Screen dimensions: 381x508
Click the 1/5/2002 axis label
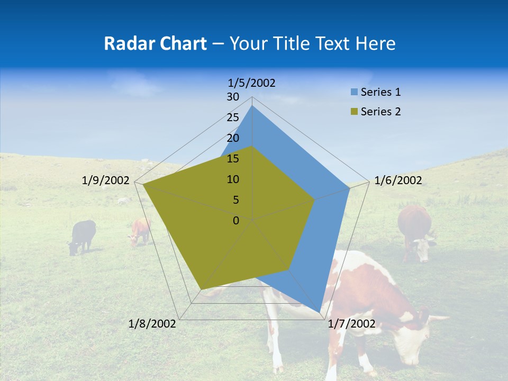coord(252,83)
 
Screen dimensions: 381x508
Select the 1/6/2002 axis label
coord(398,180)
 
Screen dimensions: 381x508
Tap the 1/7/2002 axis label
coord(351,324)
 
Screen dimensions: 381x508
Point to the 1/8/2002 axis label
coord(152,324)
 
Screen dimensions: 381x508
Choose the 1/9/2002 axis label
coord(106,180)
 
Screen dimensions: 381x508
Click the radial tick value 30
coord(233,97)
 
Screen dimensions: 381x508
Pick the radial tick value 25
coord(233,117)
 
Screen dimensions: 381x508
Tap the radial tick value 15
coord(233,159)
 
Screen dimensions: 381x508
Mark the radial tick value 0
coord(236,221)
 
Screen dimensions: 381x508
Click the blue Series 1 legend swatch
coord(354,93)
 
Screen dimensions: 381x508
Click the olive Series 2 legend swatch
coord(354,112)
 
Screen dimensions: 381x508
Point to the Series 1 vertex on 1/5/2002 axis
coord(252,105)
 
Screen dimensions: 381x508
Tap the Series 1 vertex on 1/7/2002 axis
coord(320,312)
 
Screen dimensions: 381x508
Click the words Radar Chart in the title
coord(155,43)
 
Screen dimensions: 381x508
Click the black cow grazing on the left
coord(82,236)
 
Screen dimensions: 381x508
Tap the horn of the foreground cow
coord(437,319)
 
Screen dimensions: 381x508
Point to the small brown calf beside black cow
coord(140,232)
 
